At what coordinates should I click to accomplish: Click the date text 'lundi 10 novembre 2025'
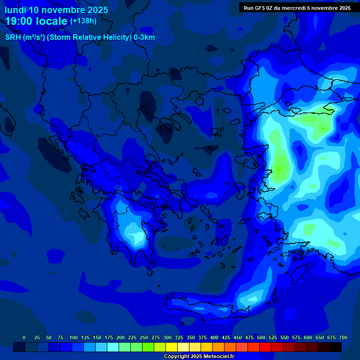(x=56, y=10)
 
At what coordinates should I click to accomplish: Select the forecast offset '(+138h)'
(x=83, y=21)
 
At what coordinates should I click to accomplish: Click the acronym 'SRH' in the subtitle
(x=13, y=37)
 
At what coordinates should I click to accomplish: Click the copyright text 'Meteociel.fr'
(x=217, y=357)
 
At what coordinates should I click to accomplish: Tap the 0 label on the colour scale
(x=24, y=337)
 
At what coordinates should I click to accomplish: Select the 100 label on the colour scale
(x=74, y=337)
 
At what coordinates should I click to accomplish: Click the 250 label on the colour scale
(x=144, y=337)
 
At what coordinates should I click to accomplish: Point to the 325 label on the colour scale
(x=179, y=337)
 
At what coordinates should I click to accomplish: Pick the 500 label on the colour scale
(x=261, y=337)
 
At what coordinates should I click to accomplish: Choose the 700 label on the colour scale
(x=343, y=337)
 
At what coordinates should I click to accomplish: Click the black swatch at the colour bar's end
(x=336, y=347)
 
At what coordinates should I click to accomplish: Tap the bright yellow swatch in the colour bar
(x=172, y=347)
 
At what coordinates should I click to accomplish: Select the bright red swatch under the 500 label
(x=265, y=347)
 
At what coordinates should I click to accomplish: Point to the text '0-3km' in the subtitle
(x=144, y=37)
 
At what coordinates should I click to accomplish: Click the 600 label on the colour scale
(x=308, y=337)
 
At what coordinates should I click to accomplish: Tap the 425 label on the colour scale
(x=226, y=337)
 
